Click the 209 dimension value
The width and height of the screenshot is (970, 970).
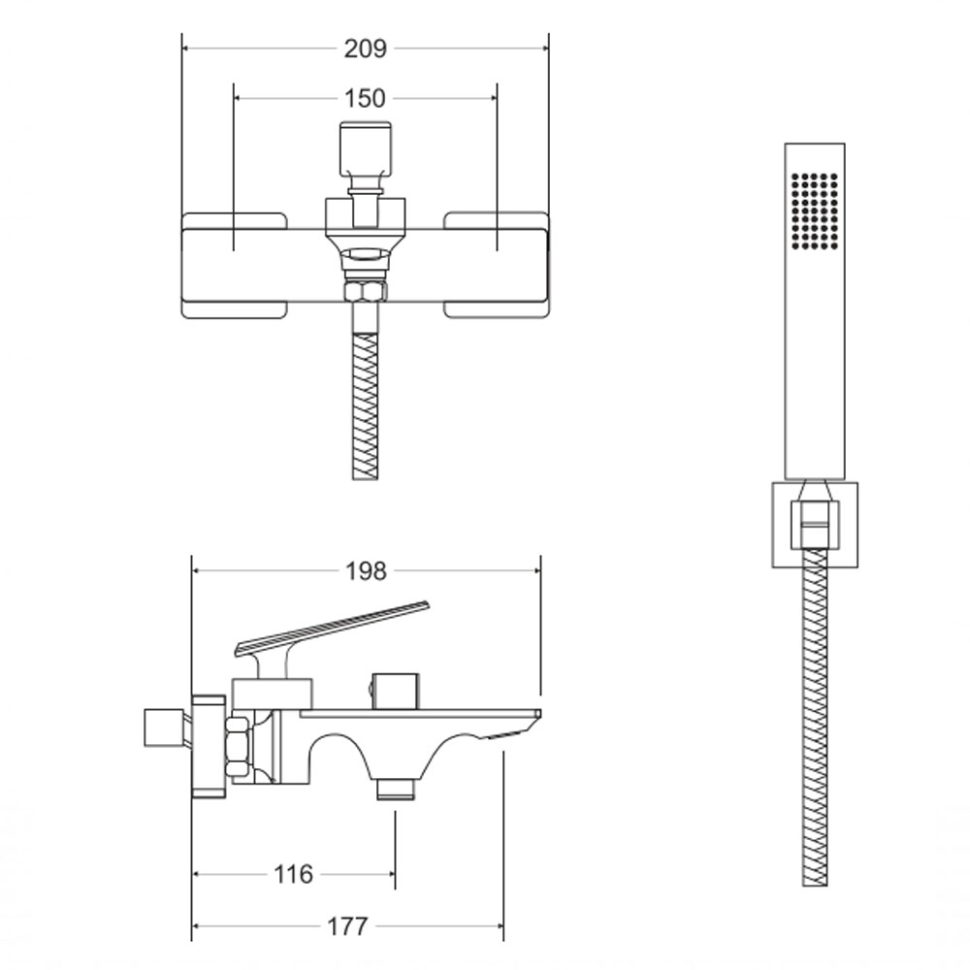[x=365, y=48]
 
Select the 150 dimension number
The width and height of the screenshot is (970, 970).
[x=365, y=98]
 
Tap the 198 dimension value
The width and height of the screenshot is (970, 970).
[x=366, y=571]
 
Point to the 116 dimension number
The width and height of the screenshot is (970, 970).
[x=293, y=874]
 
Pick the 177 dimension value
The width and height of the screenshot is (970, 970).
[x=347, y=926]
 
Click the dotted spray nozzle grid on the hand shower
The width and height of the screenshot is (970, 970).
[x=815, y=210]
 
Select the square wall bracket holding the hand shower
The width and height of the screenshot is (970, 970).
[x=815, y=525]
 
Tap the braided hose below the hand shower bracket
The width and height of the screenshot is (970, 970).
[x=815, y=718]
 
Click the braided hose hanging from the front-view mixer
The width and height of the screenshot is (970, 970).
[x=365, y=406]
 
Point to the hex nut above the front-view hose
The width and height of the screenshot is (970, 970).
[x=365, y=291]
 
